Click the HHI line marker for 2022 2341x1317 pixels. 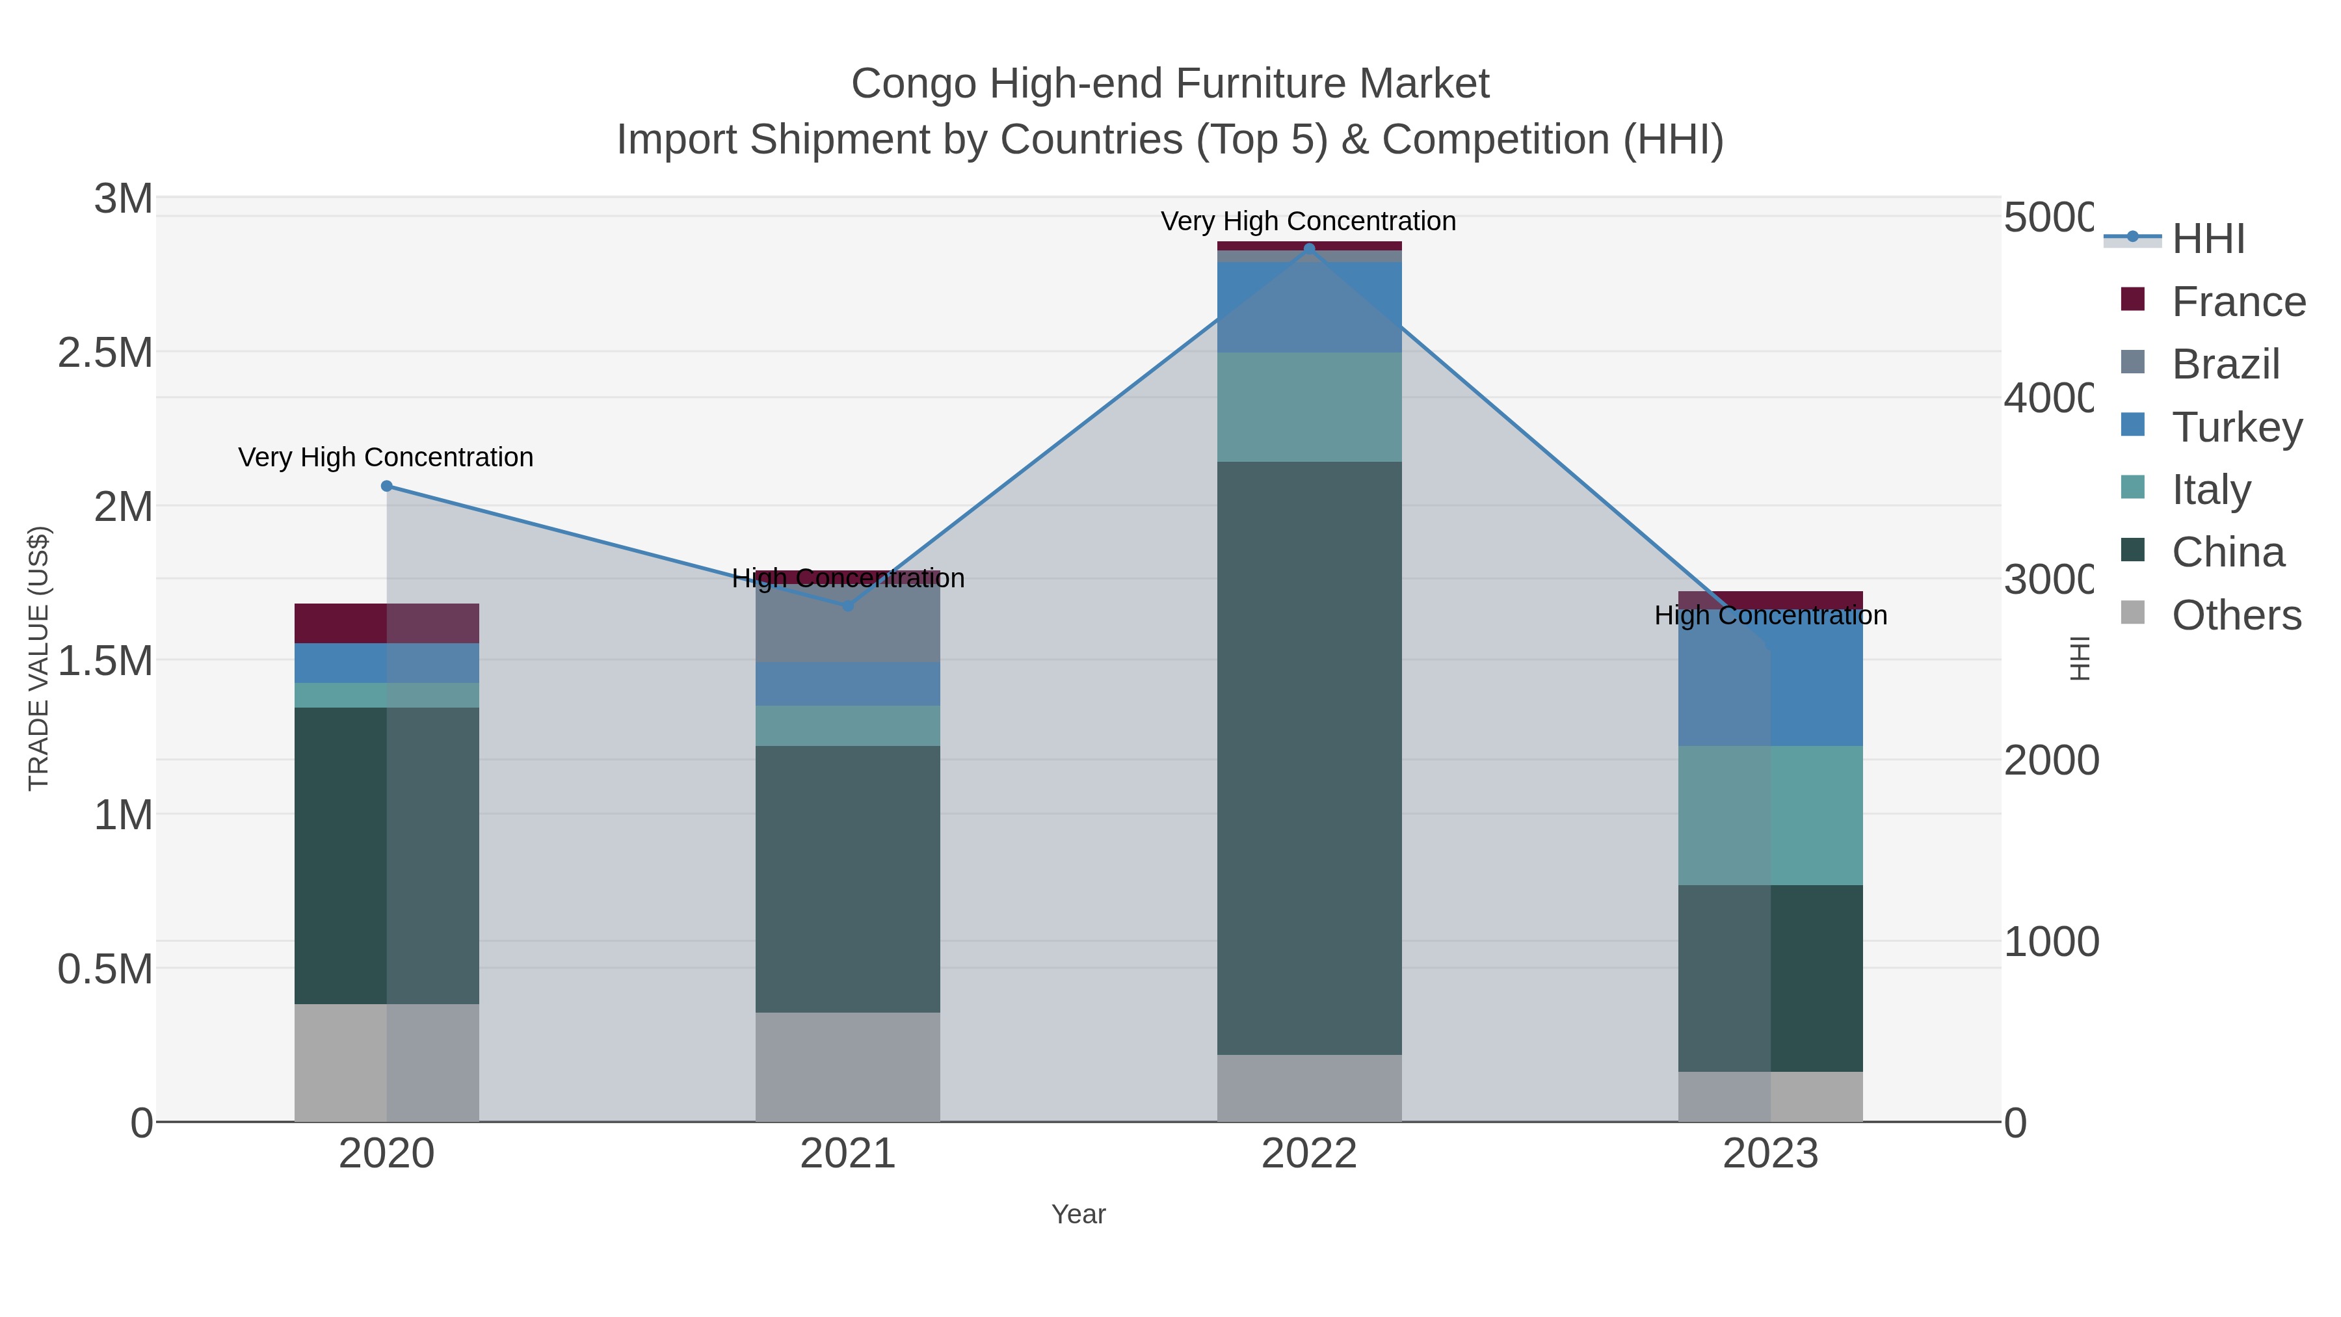tap(1308, 249)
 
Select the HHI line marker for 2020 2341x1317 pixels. tap(386, 486)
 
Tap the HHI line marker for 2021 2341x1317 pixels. tap(848, 605)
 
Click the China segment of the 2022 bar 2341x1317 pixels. tap(1308, 758)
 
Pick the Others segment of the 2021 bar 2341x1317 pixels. tap(848, 1067)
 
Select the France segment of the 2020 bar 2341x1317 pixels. tap(386, 624)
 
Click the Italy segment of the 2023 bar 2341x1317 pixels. tap(1770, 816)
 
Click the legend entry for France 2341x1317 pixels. tap(2238, 302)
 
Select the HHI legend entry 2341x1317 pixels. tap(2208, 239)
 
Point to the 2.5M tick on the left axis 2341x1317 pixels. tap(105, 353)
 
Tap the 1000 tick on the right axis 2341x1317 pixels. tap(2051, 942)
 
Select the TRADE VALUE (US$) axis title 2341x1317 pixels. tap(38, 658)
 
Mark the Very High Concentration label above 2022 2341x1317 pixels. tap(1308, 222)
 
